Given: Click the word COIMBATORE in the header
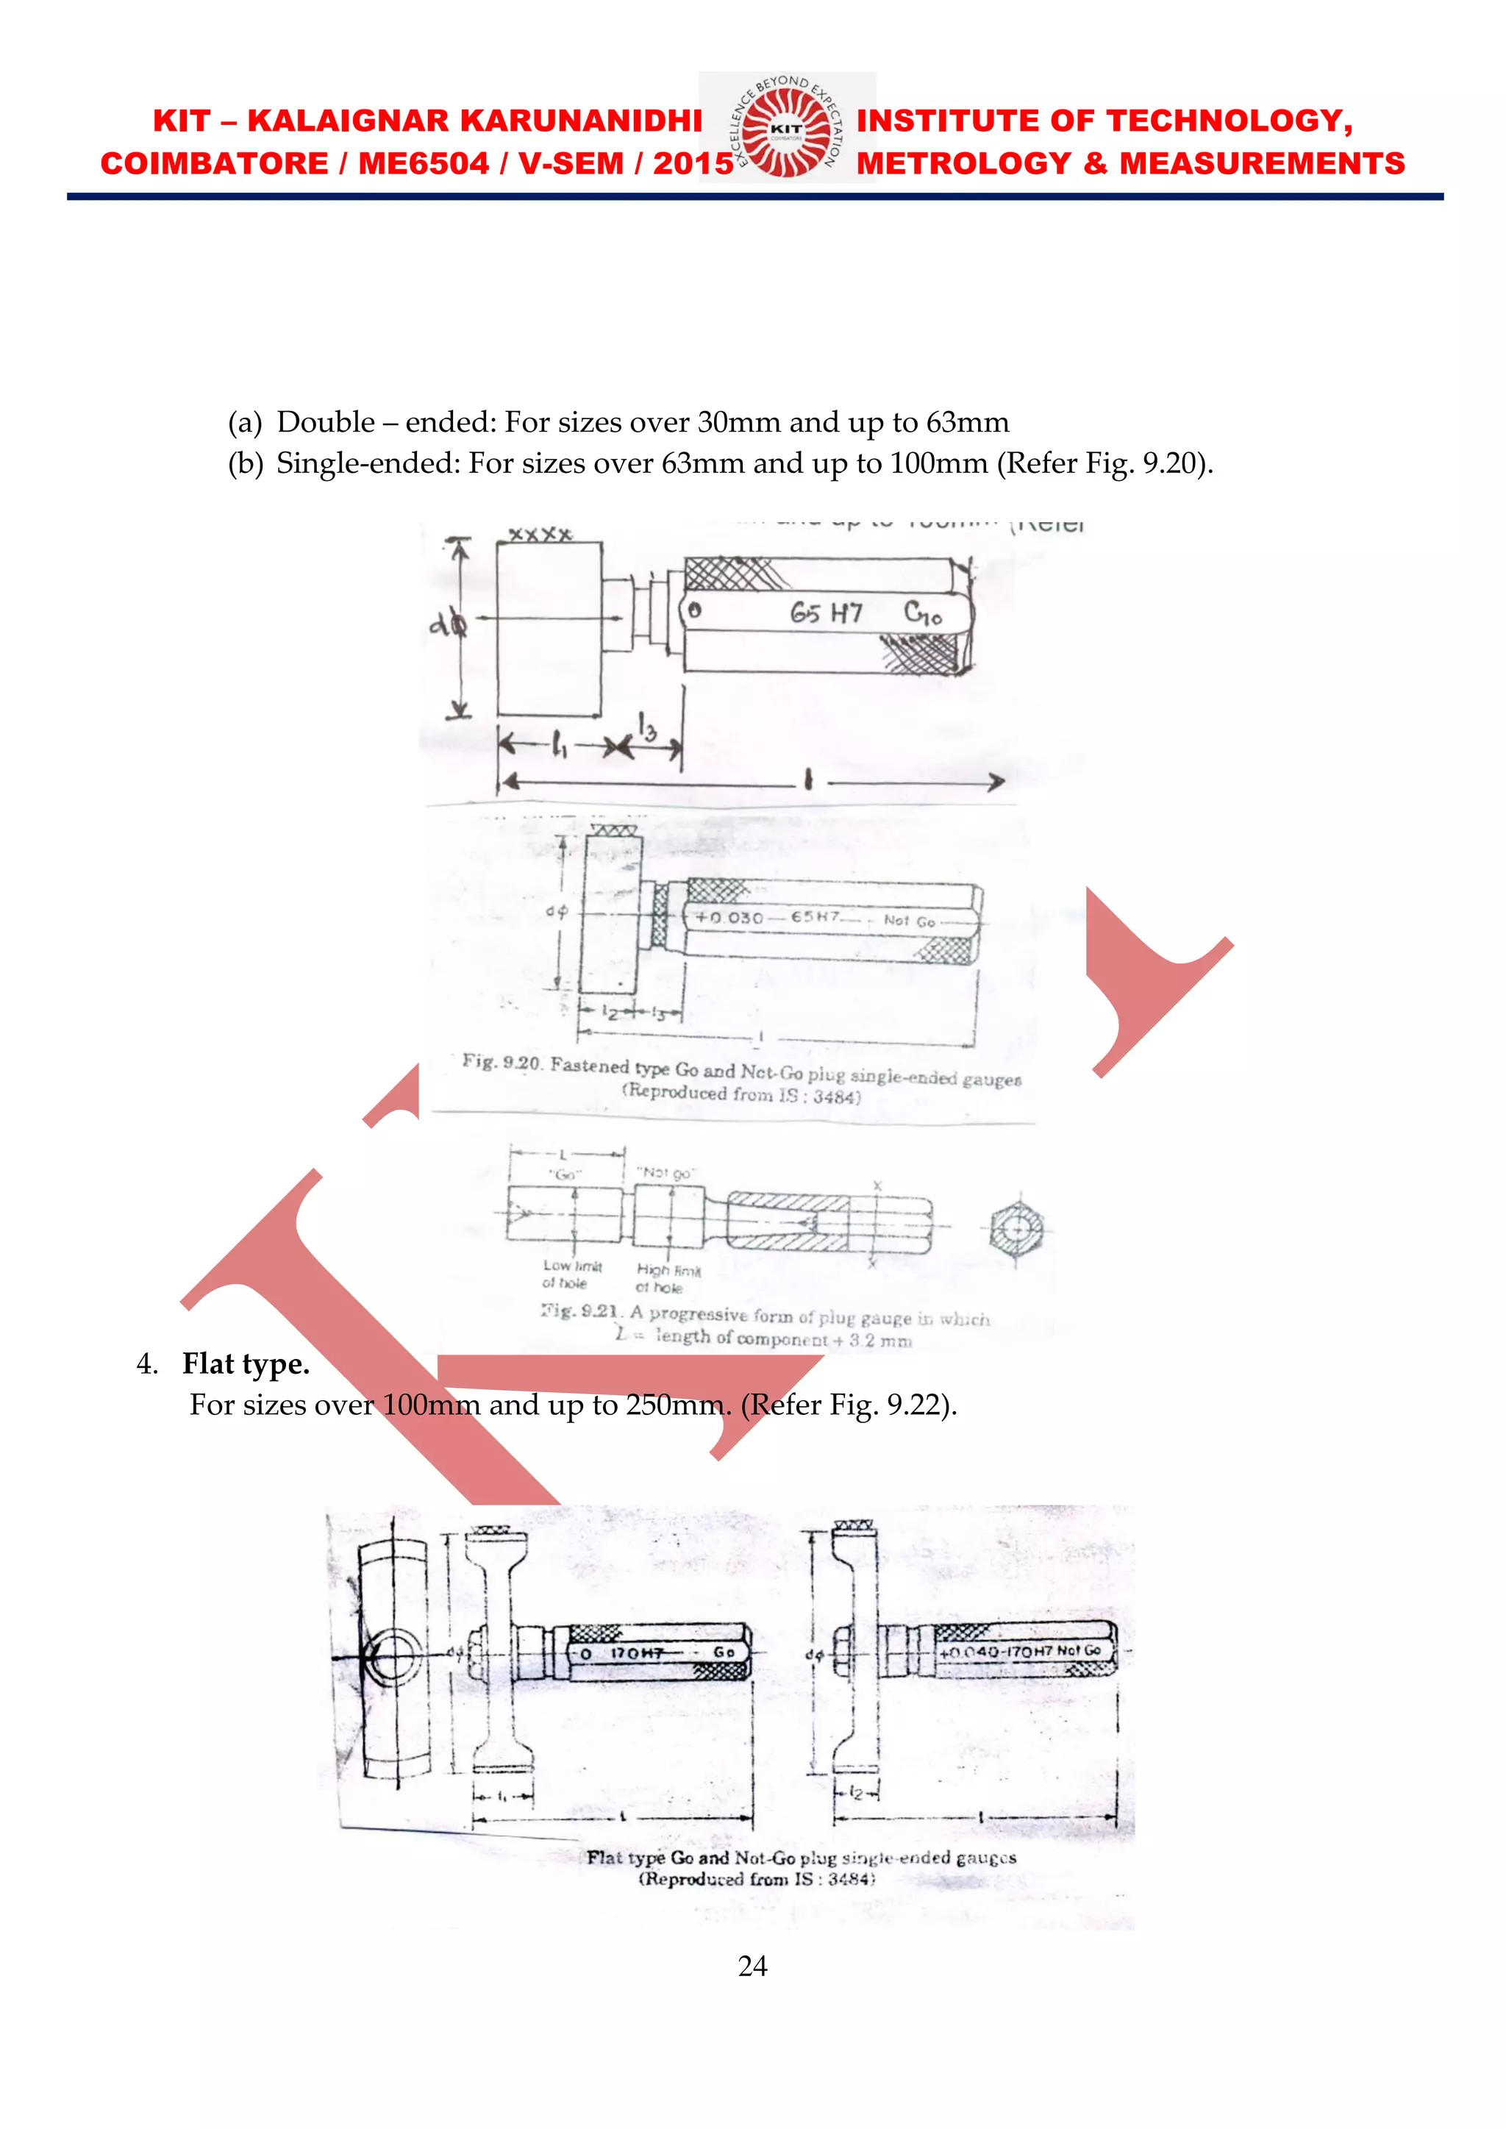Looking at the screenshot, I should [x=214, y=164].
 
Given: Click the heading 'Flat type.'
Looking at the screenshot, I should [x=246, y=1364].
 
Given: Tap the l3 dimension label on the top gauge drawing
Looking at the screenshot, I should [x=646, y=727].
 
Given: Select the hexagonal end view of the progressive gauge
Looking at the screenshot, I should [x=1016, y=1230].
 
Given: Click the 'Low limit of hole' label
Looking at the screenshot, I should [x=571, y=1274].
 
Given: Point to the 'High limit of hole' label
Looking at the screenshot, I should [x=668, y=1279].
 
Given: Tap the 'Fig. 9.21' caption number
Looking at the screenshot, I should [x=580, y=1311].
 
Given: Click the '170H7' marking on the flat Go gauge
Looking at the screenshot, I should [x=636, y=1653].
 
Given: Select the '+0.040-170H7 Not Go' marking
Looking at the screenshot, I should [x=1020, y=1652].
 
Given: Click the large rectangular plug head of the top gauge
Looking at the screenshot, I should [x=549, y=629].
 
